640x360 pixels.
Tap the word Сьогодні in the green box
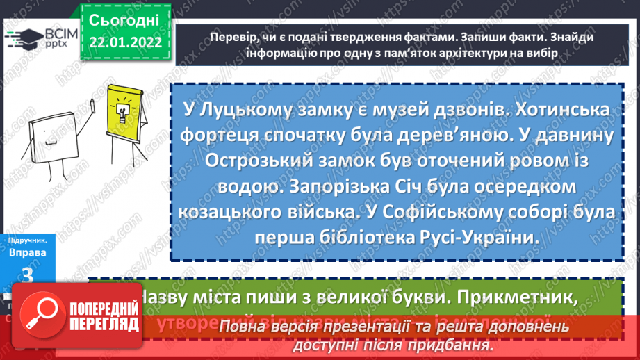125,19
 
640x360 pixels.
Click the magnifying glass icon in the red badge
43,315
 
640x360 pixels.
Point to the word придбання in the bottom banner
449,345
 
